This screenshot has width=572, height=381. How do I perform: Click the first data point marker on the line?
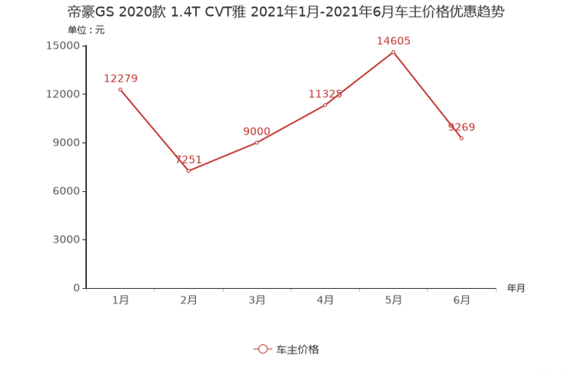(120, 89)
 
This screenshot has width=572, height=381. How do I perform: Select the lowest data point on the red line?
(188, 171)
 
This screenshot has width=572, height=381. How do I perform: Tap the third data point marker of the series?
(257, 142)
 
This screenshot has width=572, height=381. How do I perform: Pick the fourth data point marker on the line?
(324, 104)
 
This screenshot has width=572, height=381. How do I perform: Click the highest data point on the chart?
(393, 51)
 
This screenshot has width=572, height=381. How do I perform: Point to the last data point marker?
(461, 138)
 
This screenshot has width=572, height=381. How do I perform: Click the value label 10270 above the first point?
(120, 77)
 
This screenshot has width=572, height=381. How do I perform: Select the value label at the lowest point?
(188, 159)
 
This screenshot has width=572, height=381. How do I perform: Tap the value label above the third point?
(257, 131)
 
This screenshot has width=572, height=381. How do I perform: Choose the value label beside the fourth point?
(324, 94)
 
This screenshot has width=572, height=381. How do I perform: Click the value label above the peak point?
(393, 41)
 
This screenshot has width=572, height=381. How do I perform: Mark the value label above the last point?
(462, 127)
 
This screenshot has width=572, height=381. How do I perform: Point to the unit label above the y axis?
(86, 31)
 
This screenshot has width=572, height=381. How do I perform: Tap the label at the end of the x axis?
(516, 289)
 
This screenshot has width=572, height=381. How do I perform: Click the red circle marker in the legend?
(263, 349)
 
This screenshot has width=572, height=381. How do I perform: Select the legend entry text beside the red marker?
(297, 349)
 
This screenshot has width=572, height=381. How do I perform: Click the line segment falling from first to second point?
(154, 130)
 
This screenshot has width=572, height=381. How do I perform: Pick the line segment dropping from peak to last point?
(427, 95)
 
